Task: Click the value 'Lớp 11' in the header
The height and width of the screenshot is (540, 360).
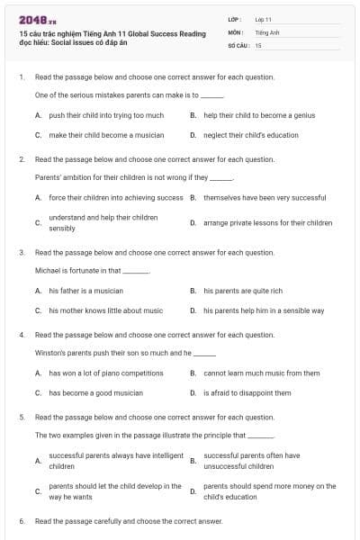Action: point(263,19)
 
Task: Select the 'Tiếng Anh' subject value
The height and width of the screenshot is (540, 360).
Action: point(267,31)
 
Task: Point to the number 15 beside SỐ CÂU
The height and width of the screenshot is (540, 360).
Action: point(258,44)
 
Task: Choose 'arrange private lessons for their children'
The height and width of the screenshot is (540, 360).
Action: point(267,222)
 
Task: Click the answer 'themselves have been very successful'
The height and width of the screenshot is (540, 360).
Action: point(265,197)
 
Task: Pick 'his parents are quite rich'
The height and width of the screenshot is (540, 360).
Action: point(243,291)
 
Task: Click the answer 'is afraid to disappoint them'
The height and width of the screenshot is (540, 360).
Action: point(247,392)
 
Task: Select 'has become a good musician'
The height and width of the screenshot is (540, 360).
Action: point(95,392)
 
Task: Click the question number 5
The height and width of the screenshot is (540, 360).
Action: point(22,418)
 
